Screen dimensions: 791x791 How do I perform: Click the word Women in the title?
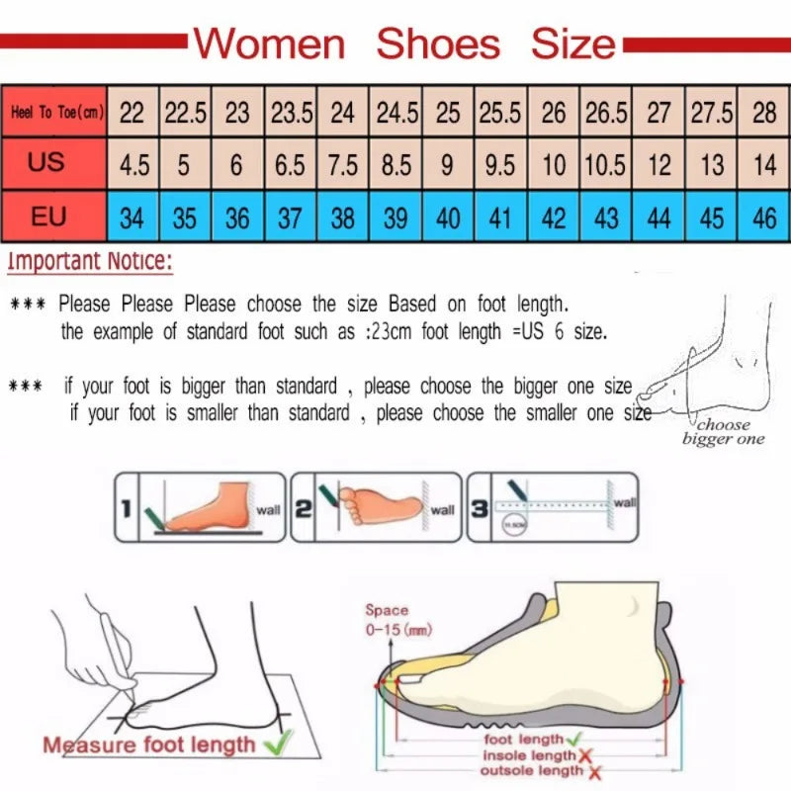(x=269, y=44)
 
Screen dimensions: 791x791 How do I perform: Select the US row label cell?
(x=45, y=162)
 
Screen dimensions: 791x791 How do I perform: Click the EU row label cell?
(x=47, y=216)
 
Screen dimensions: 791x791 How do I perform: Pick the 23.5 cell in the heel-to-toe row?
(x=291, y=113)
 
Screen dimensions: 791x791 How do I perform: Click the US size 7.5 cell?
(x=342, y=164)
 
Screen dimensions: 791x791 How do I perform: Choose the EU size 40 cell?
(x=448, y=217)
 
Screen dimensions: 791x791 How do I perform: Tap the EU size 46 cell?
(x=764, y=217)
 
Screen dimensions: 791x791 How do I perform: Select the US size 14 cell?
(x=764, y=164)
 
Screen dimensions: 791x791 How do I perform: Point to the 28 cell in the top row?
(x=764, y=113)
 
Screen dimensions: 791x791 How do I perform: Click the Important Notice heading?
(x=90, y=262)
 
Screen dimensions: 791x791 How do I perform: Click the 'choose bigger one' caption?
(x=723, y=432)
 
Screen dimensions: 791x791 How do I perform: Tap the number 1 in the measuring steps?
(x=127, y=510)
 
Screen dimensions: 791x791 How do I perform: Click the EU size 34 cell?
(x=132, y=217)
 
